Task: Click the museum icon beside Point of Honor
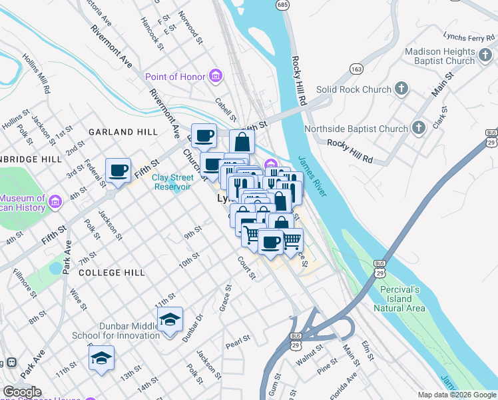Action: click(x=215, y=77)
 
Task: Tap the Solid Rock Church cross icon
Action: click(x=401, y=89)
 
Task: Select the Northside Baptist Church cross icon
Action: click(x=418, y=128)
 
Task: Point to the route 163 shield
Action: click(x=356, y=69)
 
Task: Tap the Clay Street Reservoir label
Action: click(x=172, y=182)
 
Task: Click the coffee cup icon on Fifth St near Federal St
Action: click(x=119, y=171)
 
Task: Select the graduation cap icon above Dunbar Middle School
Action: click(x=170, y=319)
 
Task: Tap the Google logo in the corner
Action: click(x=21, y=392)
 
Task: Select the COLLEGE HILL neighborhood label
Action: click(x=111, y=273)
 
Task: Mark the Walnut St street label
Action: click(x=310, y=350)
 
